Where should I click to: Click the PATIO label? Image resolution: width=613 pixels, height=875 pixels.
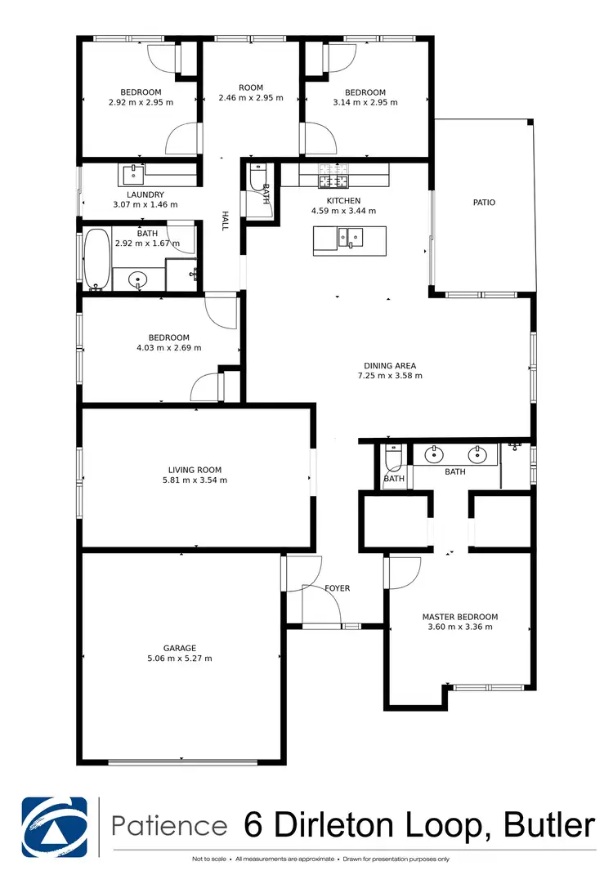(484, 203)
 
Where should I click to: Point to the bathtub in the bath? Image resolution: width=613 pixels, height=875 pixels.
(97, 260)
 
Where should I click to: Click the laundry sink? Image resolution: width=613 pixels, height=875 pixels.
(132, 174)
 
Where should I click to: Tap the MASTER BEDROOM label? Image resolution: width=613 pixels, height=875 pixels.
(459, 617)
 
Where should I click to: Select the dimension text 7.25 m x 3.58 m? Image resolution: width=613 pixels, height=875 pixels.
(389, 376)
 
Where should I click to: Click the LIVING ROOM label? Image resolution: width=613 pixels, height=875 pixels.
(195, 470)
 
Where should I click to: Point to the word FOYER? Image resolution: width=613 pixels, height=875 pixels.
(337, 587)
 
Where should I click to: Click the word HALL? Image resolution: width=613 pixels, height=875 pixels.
(224, 221)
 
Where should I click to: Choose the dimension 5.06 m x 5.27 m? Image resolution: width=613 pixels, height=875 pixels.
(180, 658)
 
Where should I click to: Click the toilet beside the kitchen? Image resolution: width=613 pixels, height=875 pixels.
(257, 181)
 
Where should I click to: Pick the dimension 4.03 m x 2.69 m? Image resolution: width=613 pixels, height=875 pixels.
(168, 348)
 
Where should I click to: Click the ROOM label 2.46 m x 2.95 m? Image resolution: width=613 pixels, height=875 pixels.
(251, 87)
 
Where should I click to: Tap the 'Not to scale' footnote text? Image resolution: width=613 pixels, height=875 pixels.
(210, 859)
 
